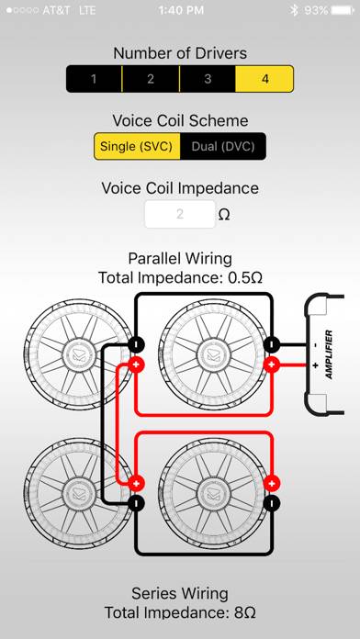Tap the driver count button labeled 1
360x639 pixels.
pos(95,79)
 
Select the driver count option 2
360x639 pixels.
pos(151,79)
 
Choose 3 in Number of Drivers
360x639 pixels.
pos(208,79)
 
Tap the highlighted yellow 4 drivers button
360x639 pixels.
pos(264,79)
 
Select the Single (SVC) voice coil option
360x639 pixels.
pos(137,146)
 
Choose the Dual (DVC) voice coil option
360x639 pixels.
pos(223,146)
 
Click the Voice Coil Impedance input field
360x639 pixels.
pos(180,214)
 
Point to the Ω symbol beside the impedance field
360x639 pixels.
pos(224,215)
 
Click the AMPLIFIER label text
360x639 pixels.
pos(329,354)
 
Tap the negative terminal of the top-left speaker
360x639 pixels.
pos(136,344)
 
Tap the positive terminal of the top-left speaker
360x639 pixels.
pos(136,364)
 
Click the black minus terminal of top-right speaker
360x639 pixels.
pos(272,344)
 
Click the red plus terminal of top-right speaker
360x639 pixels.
pos(272,364)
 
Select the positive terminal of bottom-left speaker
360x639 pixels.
pos(136,483)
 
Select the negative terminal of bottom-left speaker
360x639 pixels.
pos(136,503)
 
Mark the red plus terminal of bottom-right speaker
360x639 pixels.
pos(272,483)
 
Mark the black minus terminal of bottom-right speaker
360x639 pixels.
pos(272,503)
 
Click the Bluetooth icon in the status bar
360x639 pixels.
pos(294,10)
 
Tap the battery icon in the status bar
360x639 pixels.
pos(343,10)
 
